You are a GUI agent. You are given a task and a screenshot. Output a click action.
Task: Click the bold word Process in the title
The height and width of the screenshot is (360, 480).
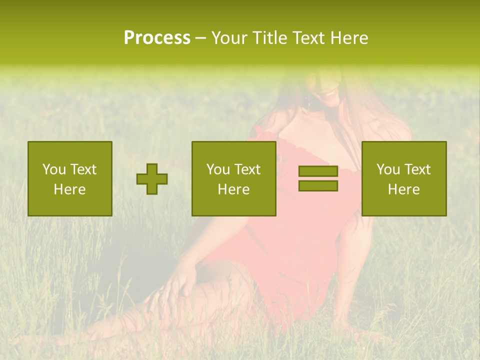(157, 37)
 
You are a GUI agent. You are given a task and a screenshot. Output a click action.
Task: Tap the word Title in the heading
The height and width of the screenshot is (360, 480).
(270, 37)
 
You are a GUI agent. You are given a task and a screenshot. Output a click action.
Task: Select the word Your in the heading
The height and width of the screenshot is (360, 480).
(231, 37)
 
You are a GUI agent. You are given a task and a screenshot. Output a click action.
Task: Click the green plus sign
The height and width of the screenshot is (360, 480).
(152, 179)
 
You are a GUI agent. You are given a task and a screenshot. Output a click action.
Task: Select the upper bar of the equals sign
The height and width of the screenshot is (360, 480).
(318, 171)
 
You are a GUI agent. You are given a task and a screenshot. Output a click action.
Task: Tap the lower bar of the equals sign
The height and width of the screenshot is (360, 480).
(318, 186)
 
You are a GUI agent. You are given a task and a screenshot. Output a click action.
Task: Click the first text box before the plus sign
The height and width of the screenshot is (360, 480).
(70, 178)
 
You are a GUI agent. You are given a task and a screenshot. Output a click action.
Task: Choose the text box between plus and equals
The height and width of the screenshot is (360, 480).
(234, 178)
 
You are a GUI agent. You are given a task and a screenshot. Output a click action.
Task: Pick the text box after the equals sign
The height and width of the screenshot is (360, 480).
(404, 178)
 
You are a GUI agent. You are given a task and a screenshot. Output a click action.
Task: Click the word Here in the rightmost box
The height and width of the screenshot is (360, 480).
(404, 189)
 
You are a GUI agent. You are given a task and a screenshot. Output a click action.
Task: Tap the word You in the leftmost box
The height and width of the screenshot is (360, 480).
(54, 169)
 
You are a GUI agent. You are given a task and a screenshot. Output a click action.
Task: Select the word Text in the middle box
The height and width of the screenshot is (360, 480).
(247, 169)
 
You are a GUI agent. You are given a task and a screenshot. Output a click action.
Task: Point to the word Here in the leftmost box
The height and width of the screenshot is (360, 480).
(70, 189)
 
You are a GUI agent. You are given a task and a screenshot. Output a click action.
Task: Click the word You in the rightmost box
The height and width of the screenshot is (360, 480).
(388, 169)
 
